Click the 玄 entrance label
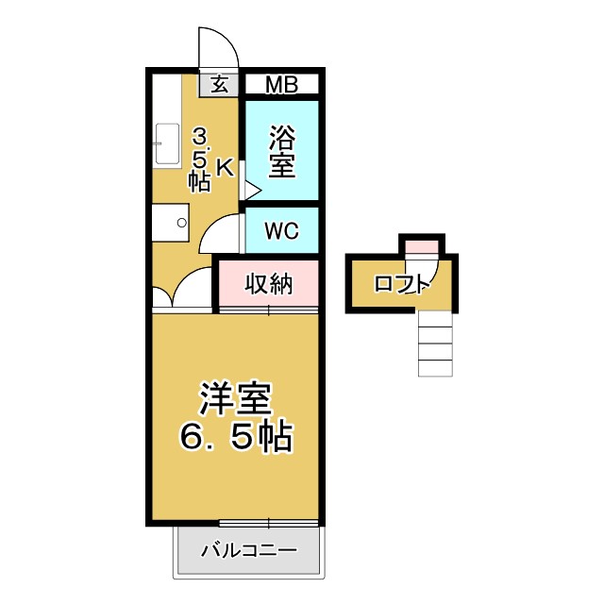pos(219,84)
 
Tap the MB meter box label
pos(280,85)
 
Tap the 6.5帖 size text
pos(235,436)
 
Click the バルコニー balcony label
pos(249,550)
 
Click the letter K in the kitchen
pos(225,167)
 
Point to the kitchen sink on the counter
pos(164,143)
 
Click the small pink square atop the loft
pos(421,247)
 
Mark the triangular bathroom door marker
pos(251,189)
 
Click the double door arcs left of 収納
pos(185,291)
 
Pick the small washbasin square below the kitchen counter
pos(172,223)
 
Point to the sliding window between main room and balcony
pos(269,522)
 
